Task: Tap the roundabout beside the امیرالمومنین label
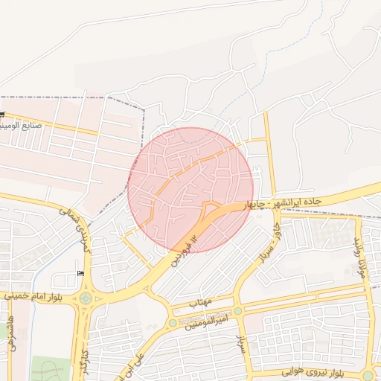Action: tap(173, 323)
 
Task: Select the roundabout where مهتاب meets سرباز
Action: tap(238, 311)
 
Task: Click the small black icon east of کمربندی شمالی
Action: tap(80, 274)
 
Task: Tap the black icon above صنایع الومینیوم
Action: tap(3, 113)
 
